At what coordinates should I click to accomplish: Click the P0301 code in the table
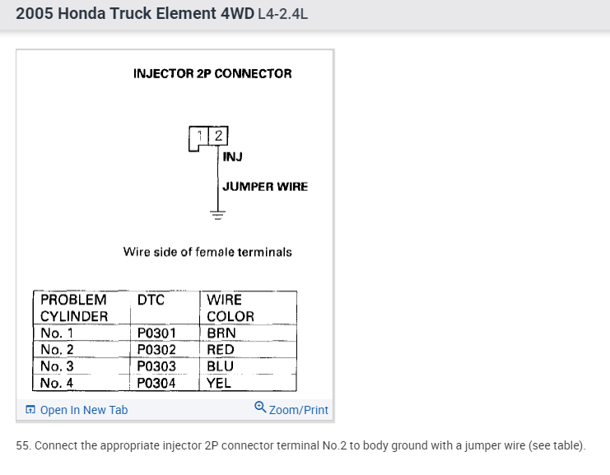(x=156, y=333)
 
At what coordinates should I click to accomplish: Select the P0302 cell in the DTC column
(x=156, y=350)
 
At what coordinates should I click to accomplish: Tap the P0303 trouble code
(x=156, y=366)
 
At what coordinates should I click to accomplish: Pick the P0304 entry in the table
(x=156, y=383)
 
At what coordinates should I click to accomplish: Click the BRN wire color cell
(x=221, y=333)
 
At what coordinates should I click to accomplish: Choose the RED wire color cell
(x=221, y=350)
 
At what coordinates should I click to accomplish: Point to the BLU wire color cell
(x=220, y=366)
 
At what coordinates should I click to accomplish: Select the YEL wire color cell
(x=219, y=383)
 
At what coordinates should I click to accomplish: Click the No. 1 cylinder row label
(x=57, y=333)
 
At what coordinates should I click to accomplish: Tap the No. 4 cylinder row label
(x=57, y=383)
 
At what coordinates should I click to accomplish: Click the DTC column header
(x=151, y=300)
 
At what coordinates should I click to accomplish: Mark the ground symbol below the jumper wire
(x=218, y=216)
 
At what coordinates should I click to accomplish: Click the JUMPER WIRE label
(x=265, y=186)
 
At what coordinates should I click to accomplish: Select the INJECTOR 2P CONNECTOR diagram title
(x=212, y=73)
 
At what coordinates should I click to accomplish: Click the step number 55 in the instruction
(x=22, y=445)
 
